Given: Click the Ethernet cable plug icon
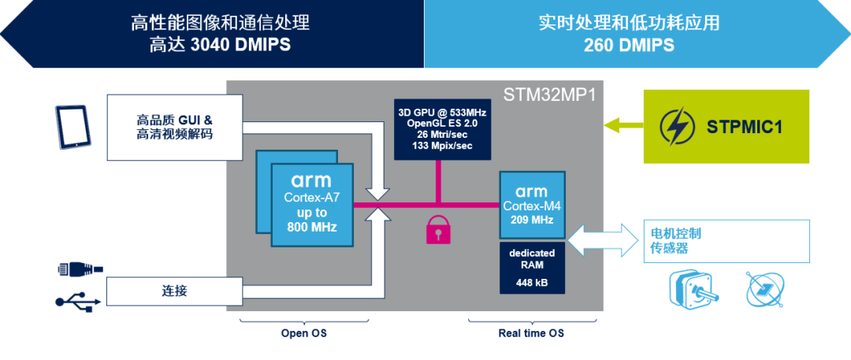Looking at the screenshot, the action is [x=80, y=269].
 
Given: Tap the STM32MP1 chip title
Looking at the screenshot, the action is [x=550, y=94].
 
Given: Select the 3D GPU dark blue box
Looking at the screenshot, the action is [x=443, y=128].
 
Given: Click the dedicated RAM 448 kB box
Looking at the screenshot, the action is [x=532, y=268].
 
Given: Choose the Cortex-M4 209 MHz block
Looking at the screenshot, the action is [x=532, y=204].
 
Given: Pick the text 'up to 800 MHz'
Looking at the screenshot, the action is [x=311, y=220].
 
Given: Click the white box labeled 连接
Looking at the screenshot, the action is [x=174, y=291].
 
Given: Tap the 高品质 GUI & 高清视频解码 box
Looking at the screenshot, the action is [x=174, y=127].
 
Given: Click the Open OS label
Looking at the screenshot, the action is [x=304, y=333].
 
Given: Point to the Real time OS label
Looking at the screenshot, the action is [x=531, y=333].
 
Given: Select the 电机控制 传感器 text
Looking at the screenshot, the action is [x=676, y=241].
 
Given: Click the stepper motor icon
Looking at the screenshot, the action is [x=693, y=287].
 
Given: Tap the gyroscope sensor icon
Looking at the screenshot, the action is [x=765, y=288].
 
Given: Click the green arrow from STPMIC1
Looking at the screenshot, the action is [x=623, y=126].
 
